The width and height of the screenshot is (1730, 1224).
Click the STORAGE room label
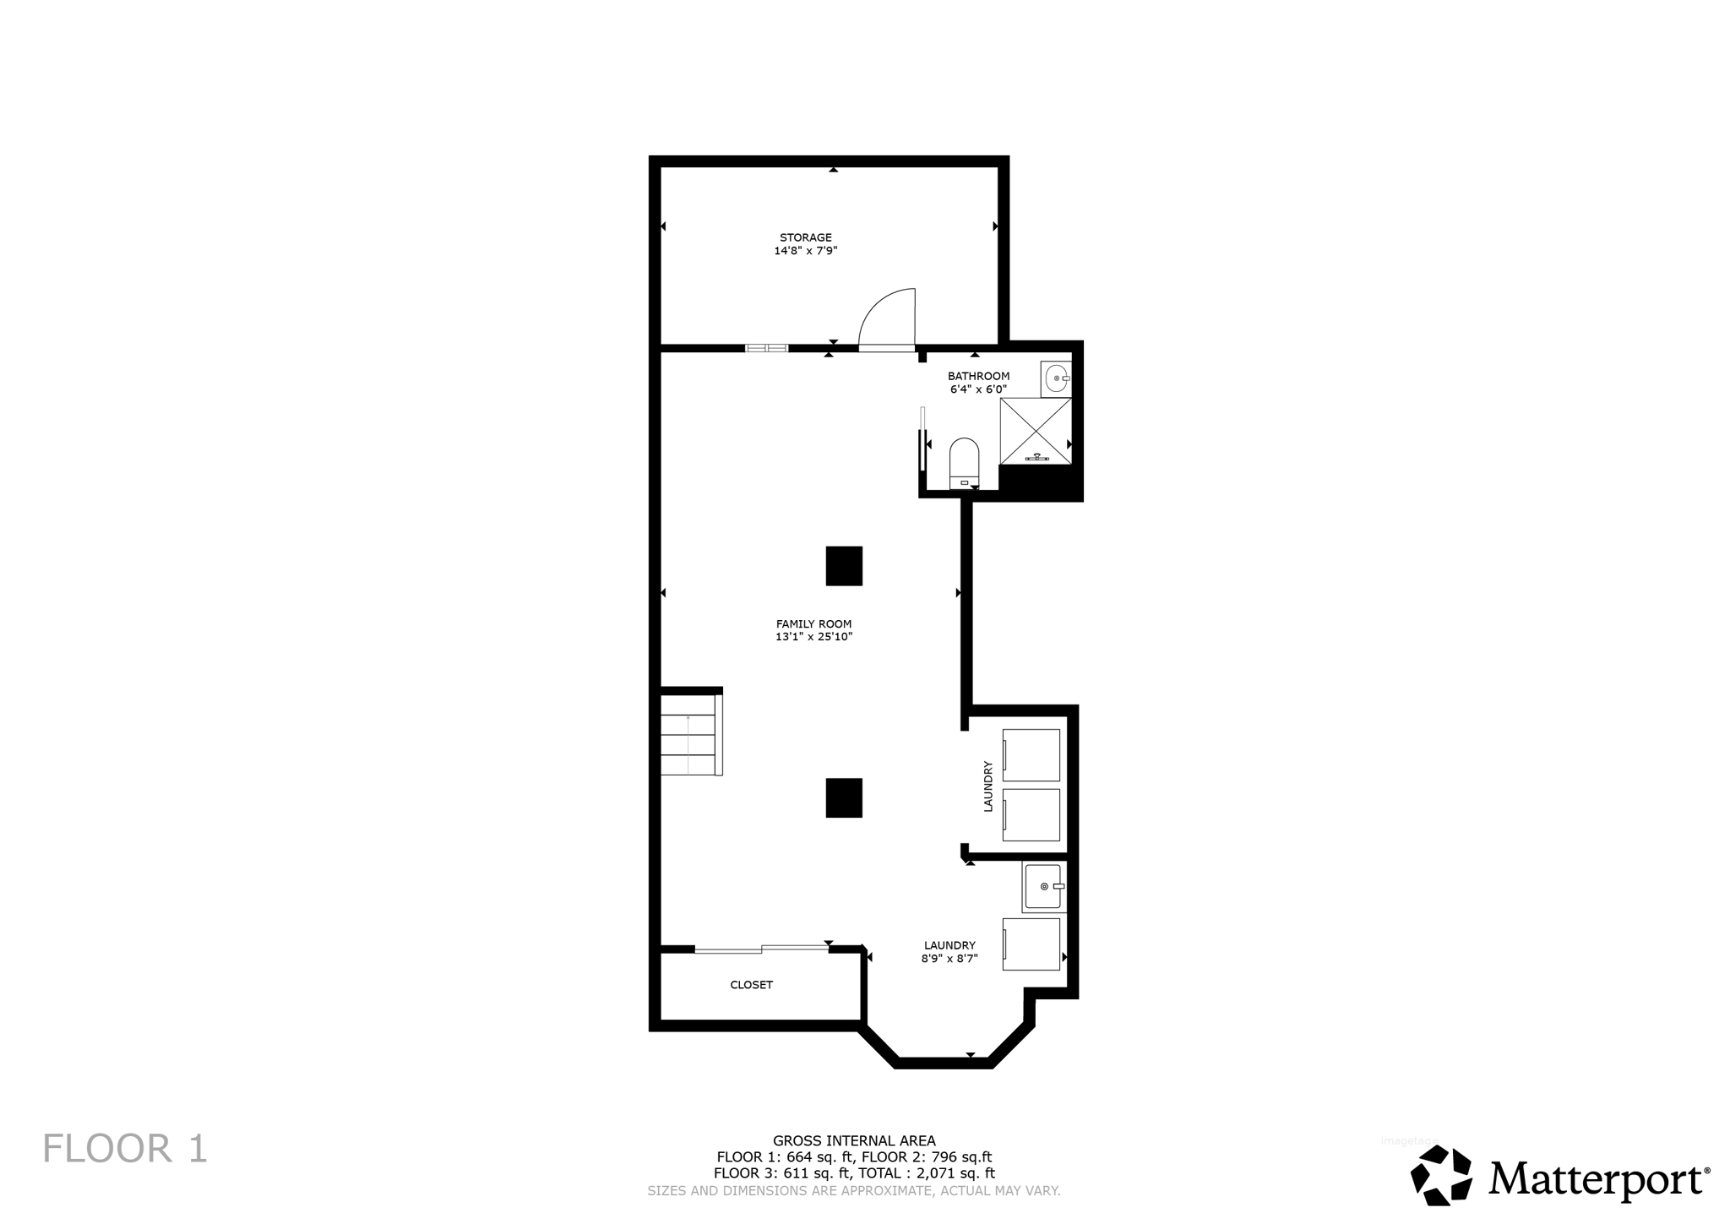pyautogui.click(x=805, y=237)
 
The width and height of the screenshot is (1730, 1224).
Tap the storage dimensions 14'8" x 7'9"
pyautogui.click(x=805, y=251)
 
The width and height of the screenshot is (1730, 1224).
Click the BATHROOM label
pyautogui.click(x=978, y=376)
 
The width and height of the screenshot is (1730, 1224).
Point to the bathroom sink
pyautogui.click(x=1057, y=378)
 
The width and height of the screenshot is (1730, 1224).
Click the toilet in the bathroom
pyautogui.click(x=964, y=462)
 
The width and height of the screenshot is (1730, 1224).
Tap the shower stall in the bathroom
pyautogui.click(x=1035, y=431)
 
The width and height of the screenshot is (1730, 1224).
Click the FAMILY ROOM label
pyautogui.click(x=813, y=624)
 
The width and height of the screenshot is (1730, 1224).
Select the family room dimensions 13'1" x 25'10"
pyautogui.click(x=813, y=637)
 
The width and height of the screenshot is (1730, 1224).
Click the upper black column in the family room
pyautogui.click(x=844, y=566)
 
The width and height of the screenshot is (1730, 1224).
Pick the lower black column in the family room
pyautogui.click(x=844, y=797)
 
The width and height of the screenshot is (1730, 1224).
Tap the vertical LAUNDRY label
pyautogui.click(x=987, y=786)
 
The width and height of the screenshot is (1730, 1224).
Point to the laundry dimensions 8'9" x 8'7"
pyautogui.click(x=949, y=959)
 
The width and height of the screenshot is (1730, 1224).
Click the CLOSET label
pyautogui.click(x=751, y=985)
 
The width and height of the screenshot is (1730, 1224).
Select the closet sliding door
pyautogui.click(x=761, y=949)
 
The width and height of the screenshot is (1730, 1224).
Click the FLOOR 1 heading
pyautogui.click(x=125, y=1149)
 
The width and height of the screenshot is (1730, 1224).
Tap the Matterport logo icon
pyautogui.click(x=1441, y=1175)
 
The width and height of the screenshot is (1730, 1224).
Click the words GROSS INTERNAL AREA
pyautogui.click(x=854, y=1141)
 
